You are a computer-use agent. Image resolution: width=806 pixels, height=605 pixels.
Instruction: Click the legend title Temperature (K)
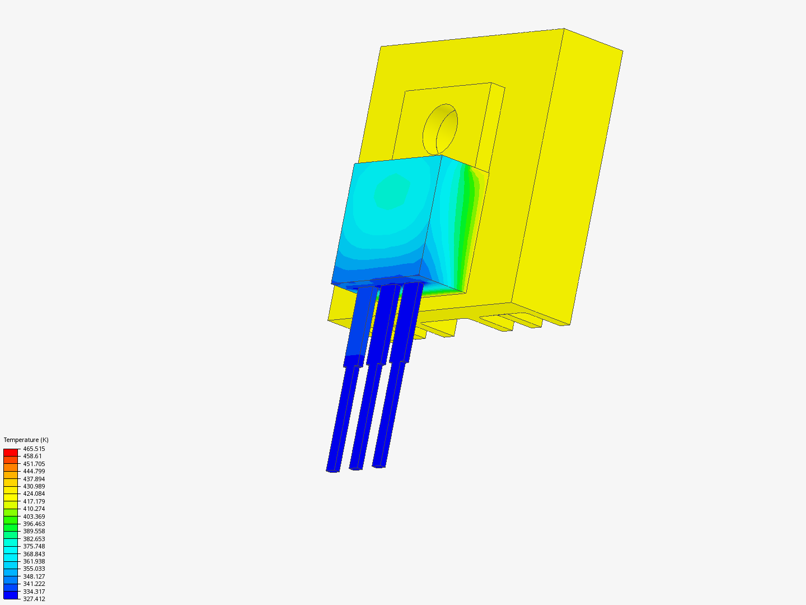26,440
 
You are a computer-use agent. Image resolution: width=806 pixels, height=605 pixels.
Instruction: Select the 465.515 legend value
34,449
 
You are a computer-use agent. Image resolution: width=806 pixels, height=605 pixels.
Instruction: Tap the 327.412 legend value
34,599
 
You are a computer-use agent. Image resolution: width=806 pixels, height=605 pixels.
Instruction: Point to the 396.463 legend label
34,524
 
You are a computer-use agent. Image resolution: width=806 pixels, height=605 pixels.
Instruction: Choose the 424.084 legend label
34,494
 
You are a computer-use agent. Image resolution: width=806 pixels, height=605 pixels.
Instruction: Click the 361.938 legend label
34,561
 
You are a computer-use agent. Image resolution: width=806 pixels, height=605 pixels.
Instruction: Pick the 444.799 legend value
34,471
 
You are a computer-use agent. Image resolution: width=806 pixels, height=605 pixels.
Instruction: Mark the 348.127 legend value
34,576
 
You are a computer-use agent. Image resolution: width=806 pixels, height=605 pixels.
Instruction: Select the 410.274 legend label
34,509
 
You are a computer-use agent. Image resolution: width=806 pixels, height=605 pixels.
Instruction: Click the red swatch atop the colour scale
11,452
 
